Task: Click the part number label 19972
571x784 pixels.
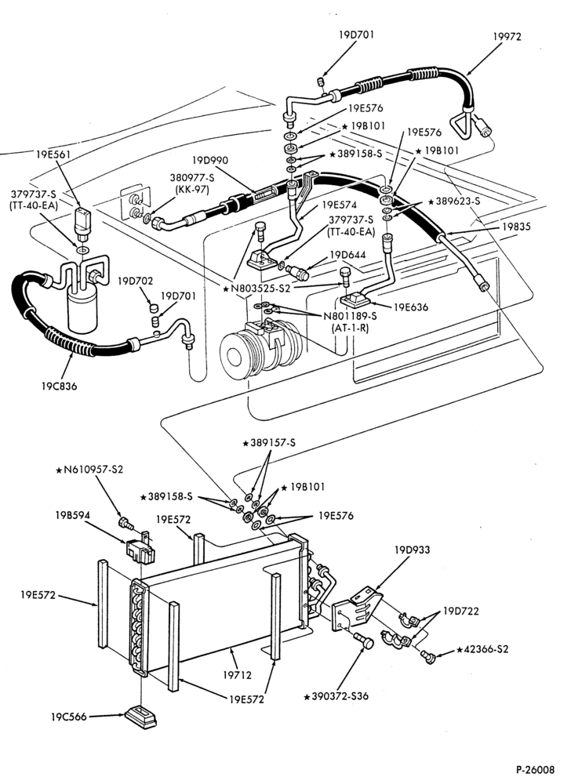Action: click(x=507, y=37)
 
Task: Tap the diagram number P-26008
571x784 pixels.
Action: click(x=536, y=768)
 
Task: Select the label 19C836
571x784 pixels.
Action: click(x=59, y=386)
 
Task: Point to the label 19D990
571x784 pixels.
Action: click(x=210, y=161)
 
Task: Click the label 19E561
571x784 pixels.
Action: click(x=53, y=154)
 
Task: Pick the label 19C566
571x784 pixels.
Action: click(x=68, y=717)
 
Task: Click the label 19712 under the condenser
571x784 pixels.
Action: click(x=237, y=675)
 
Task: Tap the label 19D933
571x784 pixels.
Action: click(x=412, y=550)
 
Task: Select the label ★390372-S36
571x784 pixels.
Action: click(x=336, y=696)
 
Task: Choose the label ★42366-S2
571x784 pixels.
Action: click(x=482, y=649)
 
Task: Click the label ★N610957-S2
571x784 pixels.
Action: click(x=89, y=470)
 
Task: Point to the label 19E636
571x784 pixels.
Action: click(x=411, y=307)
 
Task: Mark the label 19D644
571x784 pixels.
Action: click(x=347, y=255)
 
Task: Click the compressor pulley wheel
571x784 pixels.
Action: click(x=236, y=355)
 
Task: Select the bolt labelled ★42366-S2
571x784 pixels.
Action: click(x=427, y=656)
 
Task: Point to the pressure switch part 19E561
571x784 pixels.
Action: click(x=82, y=222)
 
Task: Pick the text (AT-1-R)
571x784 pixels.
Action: click(x=350, y=328)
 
